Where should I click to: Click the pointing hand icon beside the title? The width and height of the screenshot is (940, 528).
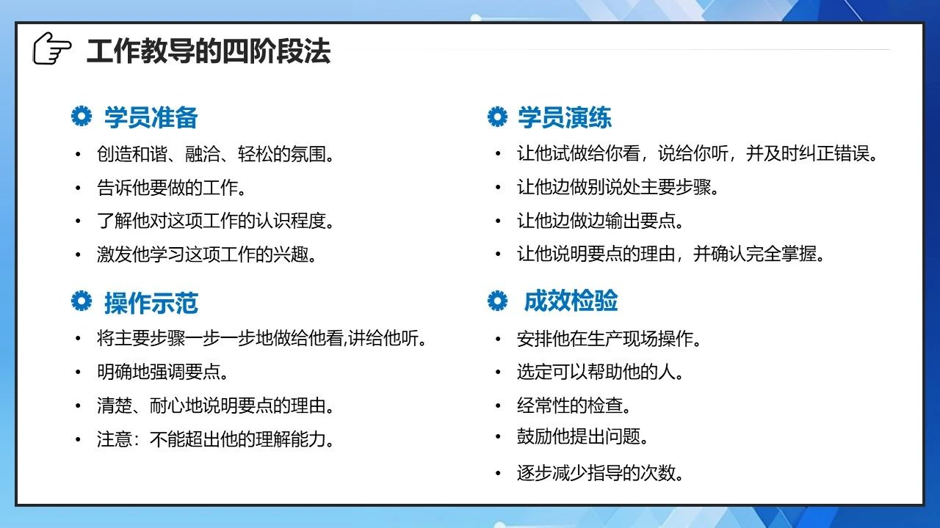(x=52, y=48)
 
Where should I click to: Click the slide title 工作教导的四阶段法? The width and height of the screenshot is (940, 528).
(x=209, y=51)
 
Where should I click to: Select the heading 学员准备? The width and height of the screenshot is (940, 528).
(x=151, y=117)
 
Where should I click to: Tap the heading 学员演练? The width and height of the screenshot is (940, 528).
(x=565, y=117)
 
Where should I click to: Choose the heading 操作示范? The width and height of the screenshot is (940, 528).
(x=151, y=303)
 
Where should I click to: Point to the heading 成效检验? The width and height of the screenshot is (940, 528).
(x=571, y=301)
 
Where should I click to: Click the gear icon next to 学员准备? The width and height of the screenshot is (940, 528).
(x=82, y=116)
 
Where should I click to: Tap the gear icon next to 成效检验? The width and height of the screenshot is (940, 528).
(x=498, y=301)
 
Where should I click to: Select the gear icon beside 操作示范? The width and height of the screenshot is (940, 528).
(x=82, y=301)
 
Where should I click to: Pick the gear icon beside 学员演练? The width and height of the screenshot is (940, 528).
(x=498, y=117)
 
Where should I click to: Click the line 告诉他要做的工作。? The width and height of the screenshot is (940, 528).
(x=171, y=188)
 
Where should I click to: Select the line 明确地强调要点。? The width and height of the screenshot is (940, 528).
(x=162, y=372)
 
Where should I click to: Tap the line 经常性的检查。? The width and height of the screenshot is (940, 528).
(x=574, y=406)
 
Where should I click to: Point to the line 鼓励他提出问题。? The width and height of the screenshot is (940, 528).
(x=582, y=436)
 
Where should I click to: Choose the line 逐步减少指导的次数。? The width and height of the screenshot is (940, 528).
(x=600, y=473)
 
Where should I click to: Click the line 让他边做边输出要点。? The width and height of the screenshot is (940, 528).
(x=600, y=221)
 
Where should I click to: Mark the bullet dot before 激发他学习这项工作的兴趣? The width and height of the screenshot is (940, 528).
(x=78, y=254)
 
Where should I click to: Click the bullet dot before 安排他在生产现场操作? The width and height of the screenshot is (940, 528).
(x=498, y=339)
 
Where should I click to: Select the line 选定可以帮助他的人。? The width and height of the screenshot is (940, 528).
(x=600, y=372)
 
